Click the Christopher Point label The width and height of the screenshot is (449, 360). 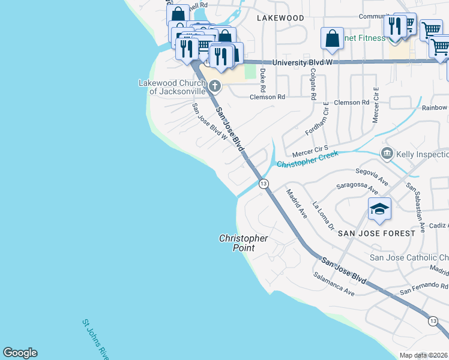pyautogui.click(x=243, y=243)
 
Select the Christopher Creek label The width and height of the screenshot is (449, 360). pyautogui.click(x=307, y=160)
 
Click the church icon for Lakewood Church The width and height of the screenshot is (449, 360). pyautogui.click(x=214, y=86)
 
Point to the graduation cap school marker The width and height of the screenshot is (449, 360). pyautogui.click(x=379, y=209)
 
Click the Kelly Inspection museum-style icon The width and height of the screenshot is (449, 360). pyautogui.click(x=387, y=154)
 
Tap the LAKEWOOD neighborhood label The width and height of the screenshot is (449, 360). pyautogui.click(x=280, y=18)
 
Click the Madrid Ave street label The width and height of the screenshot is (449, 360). pyautogui.click(x=297, y=203)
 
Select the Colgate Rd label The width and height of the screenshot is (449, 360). pyautogui.click(x=313, y=83)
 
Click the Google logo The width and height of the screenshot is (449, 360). pyautogui.click(x=20, y=353)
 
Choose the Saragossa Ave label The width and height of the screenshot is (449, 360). pyautogui.click(x=357, y=188)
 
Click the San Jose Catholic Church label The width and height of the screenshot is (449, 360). pyautogui.click(x=408, y=258)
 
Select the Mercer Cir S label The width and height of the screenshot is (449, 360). pyautogui.click(x=310, y=148)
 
